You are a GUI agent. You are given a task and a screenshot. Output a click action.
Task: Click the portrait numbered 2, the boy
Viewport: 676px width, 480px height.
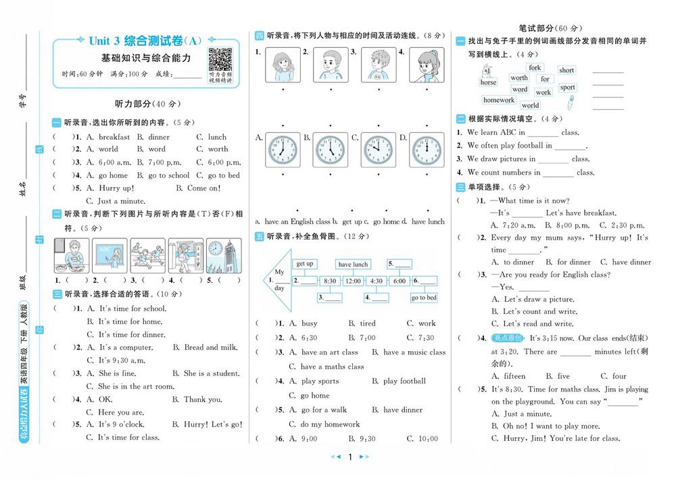[x=328, y=65]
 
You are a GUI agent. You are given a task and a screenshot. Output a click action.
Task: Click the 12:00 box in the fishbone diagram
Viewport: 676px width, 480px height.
[x=353, y=280]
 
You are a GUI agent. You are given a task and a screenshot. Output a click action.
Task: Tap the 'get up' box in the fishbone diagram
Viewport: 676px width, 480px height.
[x=305, y=264]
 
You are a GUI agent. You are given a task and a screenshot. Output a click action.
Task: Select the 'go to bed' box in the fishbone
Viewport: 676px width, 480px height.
[x=423, y=297]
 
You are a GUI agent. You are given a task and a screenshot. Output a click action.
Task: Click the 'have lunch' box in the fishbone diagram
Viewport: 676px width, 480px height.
[x=353, y=265]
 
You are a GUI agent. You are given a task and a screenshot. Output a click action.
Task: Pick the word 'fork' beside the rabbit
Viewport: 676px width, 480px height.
[x=535, y=68]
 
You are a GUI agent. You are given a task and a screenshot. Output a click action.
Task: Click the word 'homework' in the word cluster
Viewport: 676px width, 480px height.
[x=499, y=101]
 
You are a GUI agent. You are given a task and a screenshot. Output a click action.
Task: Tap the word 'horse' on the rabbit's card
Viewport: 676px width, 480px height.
[x=488, y=82]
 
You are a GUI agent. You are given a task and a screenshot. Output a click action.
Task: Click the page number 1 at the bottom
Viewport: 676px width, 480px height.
[x=350, y=457]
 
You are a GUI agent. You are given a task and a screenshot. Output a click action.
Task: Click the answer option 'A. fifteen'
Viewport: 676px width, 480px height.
[x=508, y=376]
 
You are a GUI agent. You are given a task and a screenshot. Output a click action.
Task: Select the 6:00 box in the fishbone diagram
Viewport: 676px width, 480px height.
[x=400, y=280]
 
